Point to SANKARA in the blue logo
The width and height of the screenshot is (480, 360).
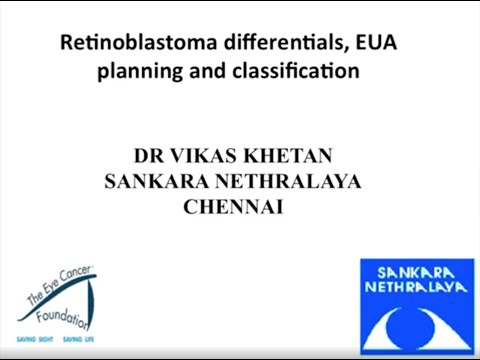[x=414, y=273]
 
